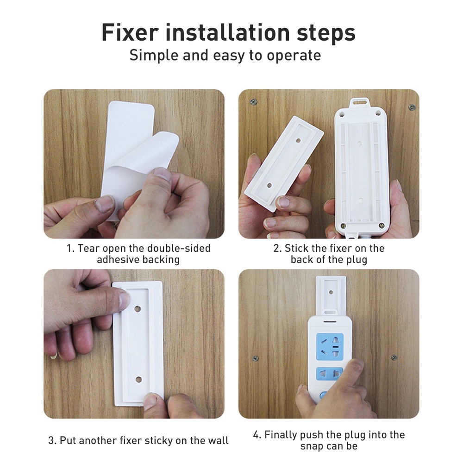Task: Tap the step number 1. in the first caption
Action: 70,248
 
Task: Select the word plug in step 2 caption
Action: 356,259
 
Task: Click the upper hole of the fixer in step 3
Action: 138,307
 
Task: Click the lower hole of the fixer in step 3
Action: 138,380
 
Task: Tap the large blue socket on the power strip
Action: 330,345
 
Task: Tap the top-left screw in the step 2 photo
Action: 253,102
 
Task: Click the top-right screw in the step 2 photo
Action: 412,107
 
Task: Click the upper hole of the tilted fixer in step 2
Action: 298,139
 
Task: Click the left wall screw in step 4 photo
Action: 255,358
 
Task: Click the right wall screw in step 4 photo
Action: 394,357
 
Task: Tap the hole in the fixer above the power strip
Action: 331,293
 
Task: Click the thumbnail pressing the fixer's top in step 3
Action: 124,300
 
